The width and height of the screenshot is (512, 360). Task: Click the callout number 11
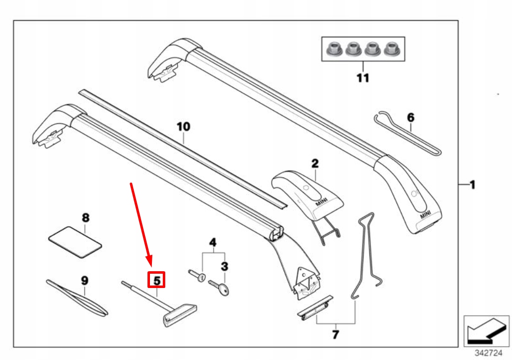click(363, 78)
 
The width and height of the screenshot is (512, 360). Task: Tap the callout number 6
click(410, 117)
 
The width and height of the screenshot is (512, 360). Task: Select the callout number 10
click(183, 127)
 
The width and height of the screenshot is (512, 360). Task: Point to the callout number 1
click(472, 185)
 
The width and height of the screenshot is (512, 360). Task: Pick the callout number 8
click(85, 217)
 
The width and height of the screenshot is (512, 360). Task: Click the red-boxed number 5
click(157, 280)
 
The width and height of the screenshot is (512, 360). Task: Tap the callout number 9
click(84, 281)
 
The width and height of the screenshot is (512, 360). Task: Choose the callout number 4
click(213, 242)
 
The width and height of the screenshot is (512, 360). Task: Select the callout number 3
click(224, 267)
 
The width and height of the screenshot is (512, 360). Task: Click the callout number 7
click(335, 335)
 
